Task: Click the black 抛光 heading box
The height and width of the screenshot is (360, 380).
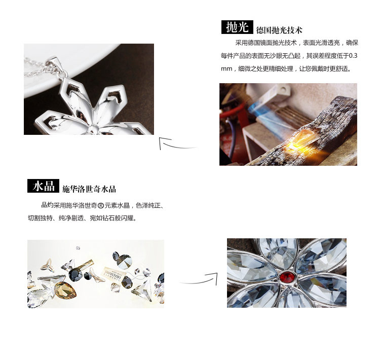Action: [x=237, y=27]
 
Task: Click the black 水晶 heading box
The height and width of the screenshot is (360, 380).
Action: [x=43, y=186]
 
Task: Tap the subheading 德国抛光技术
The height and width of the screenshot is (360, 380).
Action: [x=279, y=30]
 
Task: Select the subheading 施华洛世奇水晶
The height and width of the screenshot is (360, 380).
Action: [x=89, y=189]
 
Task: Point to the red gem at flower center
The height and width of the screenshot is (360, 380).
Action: [x=288, y=276]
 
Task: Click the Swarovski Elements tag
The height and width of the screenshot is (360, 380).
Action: [x=115, y=273]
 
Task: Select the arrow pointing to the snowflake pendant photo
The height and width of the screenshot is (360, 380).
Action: [x=177, y=144]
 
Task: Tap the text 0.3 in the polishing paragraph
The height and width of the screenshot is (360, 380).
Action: [x=353, y=56]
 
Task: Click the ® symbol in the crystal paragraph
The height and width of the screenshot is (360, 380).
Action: [x=101, y=206]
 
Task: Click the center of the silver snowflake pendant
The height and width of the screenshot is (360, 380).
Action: [x=92, y=129]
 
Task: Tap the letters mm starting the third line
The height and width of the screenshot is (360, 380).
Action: [x=226, y=69]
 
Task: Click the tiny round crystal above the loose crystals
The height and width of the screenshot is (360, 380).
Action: [x=78, y=248]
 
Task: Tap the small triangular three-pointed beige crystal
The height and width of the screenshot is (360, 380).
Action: [x=48, y=264]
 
